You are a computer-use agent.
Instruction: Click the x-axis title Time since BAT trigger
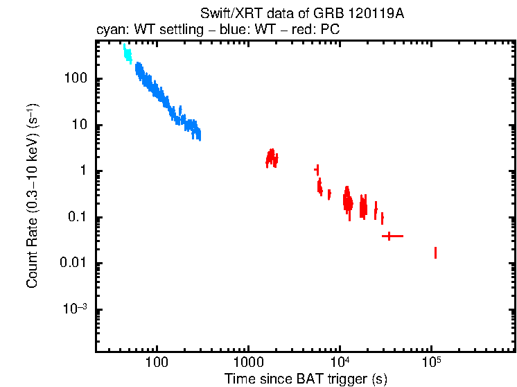306,379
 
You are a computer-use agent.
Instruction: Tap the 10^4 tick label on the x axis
340,362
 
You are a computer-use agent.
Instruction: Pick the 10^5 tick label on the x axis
431,362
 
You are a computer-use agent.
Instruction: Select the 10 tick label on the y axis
78,126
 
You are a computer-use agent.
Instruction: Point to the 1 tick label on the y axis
82,171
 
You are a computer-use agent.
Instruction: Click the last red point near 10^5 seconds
435,252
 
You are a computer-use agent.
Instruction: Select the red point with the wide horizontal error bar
392,237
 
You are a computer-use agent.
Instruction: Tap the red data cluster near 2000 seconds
272,159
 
